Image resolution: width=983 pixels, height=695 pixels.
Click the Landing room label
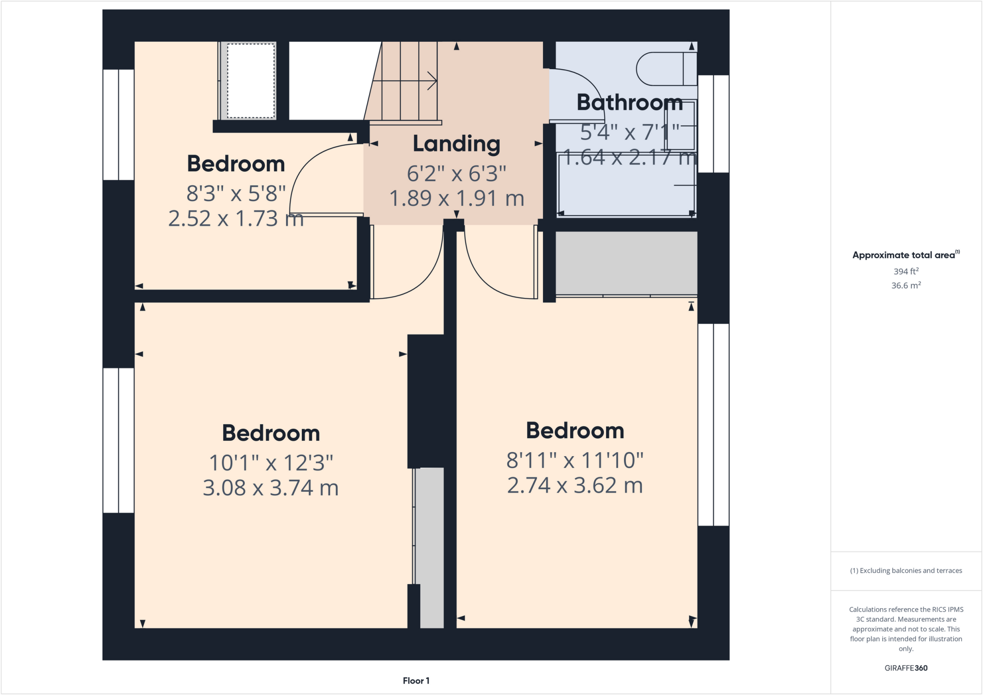pyautogui.click(x=456, y=144)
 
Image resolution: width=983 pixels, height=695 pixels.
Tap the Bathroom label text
pyautogui.click(x=629, y=103)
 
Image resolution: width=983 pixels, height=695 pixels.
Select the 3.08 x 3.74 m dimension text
pyautogui.click(x=270, y=488)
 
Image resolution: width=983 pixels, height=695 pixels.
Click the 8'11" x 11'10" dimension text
pyautogui.click(x=575, y=460)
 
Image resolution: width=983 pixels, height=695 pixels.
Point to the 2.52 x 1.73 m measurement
pyautogui.click(x=236, y=219)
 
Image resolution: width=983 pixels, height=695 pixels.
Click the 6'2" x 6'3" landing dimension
pyautogui.click(x=456, y=174)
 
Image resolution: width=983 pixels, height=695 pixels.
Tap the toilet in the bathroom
pyautogui.click(x=665, y=69)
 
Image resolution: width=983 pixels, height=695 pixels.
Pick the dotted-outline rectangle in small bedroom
pyautogui.click(x=251, y=81)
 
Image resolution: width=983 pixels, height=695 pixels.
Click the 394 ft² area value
pyautogui.click(x=906, y=271)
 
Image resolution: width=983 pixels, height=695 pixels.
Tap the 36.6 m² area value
pyautogui.click(x=906, y=285)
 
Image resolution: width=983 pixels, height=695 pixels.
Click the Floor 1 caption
pyautogui.click(x=416, y=681)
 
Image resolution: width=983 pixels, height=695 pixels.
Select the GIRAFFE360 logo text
pyautogui.click(x=906, y=668)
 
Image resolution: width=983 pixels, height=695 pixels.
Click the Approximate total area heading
pyautogui.click(x=904, y=255)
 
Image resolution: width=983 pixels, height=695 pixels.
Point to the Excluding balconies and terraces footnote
pyautogui.click(x=906, y=570)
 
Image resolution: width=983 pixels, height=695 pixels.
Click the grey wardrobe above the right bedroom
pyautogui.click(x=626, y=263)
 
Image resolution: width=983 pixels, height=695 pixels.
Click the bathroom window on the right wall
pyautogui.click(x=713, y=124)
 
